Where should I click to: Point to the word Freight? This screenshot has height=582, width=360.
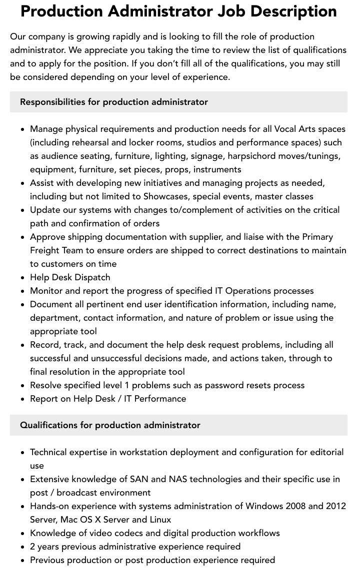[x=44, y=250]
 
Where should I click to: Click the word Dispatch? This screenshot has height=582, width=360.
[x=91, y=277]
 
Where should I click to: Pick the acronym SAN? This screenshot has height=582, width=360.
[x=138, y=479]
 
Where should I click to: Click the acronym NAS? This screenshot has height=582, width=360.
[x=177, y=479]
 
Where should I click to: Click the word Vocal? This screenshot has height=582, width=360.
[x=285, y=129]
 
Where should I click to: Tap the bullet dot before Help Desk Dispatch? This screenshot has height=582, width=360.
[x=23, y=278]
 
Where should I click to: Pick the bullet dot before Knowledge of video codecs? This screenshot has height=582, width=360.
[x=23, y=534]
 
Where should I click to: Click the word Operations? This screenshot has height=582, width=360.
[x=249, y=291]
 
